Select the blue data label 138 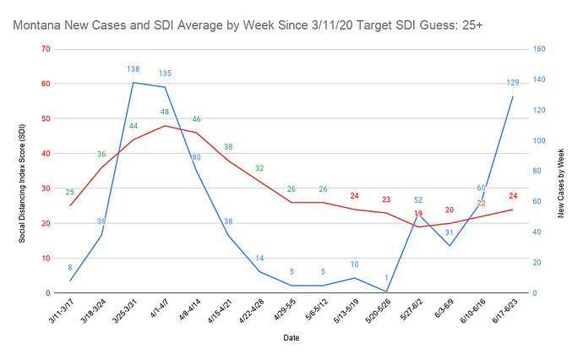[x=133, y=68]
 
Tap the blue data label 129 [x=512, y=82]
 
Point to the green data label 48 [x=165, y=112]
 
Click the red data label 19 [x=418, y=214]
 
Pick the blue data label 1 [x=386, y=278]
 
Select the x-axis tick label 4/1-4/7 [x=157, y=314]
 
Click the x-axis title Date [x=291, y=337]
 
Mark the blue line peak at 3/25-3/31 [x=133, y=82]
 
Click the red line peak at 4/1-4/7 [x=165, y=125]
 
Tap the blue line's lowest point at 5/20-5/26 [x=386, y=292]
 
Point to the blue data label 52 [x=418, y=200]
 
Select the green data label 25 [x=70, y=192]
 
